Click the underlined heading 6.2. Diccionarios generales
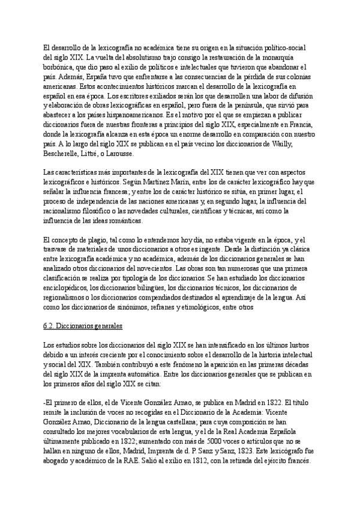coord(83,326)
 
